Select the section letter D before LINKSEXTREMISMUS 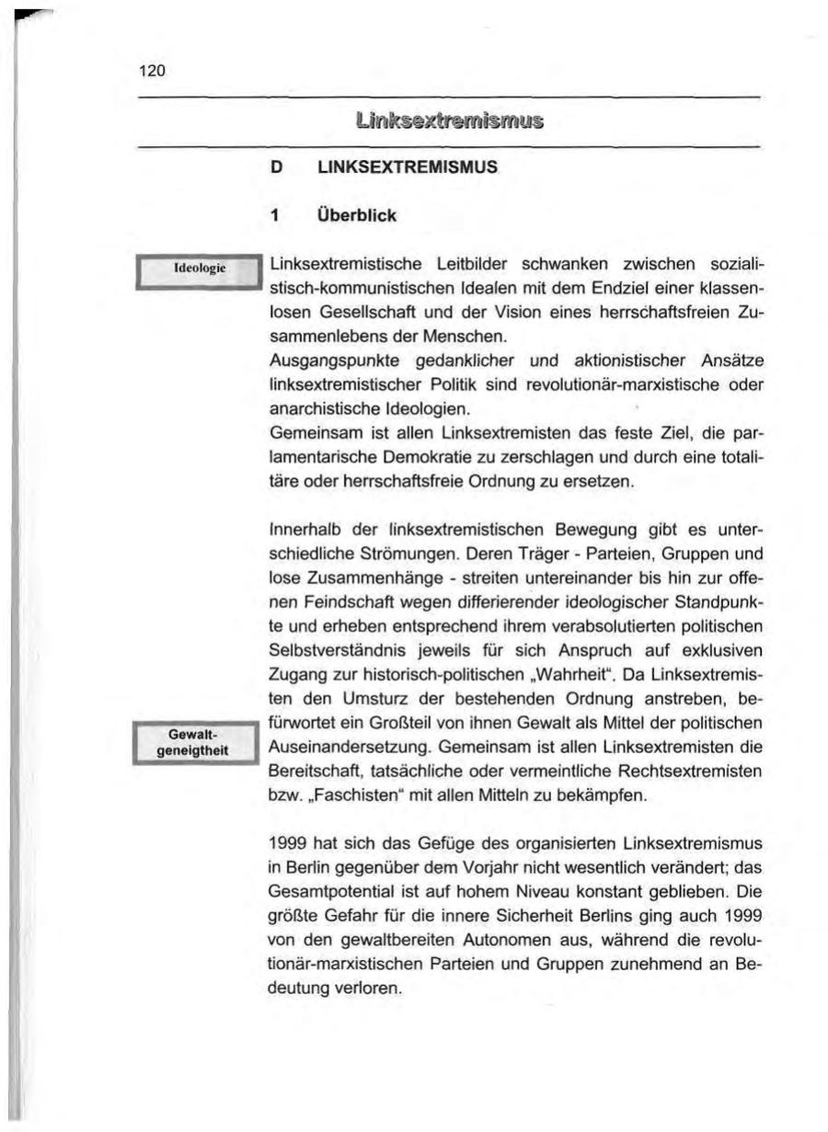[273, 168]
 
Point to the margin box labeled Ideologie [194, 270]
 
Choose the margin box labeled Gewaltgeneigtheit [194, 741]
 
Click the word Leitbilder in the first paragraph [435, 266]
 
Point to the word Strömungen [408, 554]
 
